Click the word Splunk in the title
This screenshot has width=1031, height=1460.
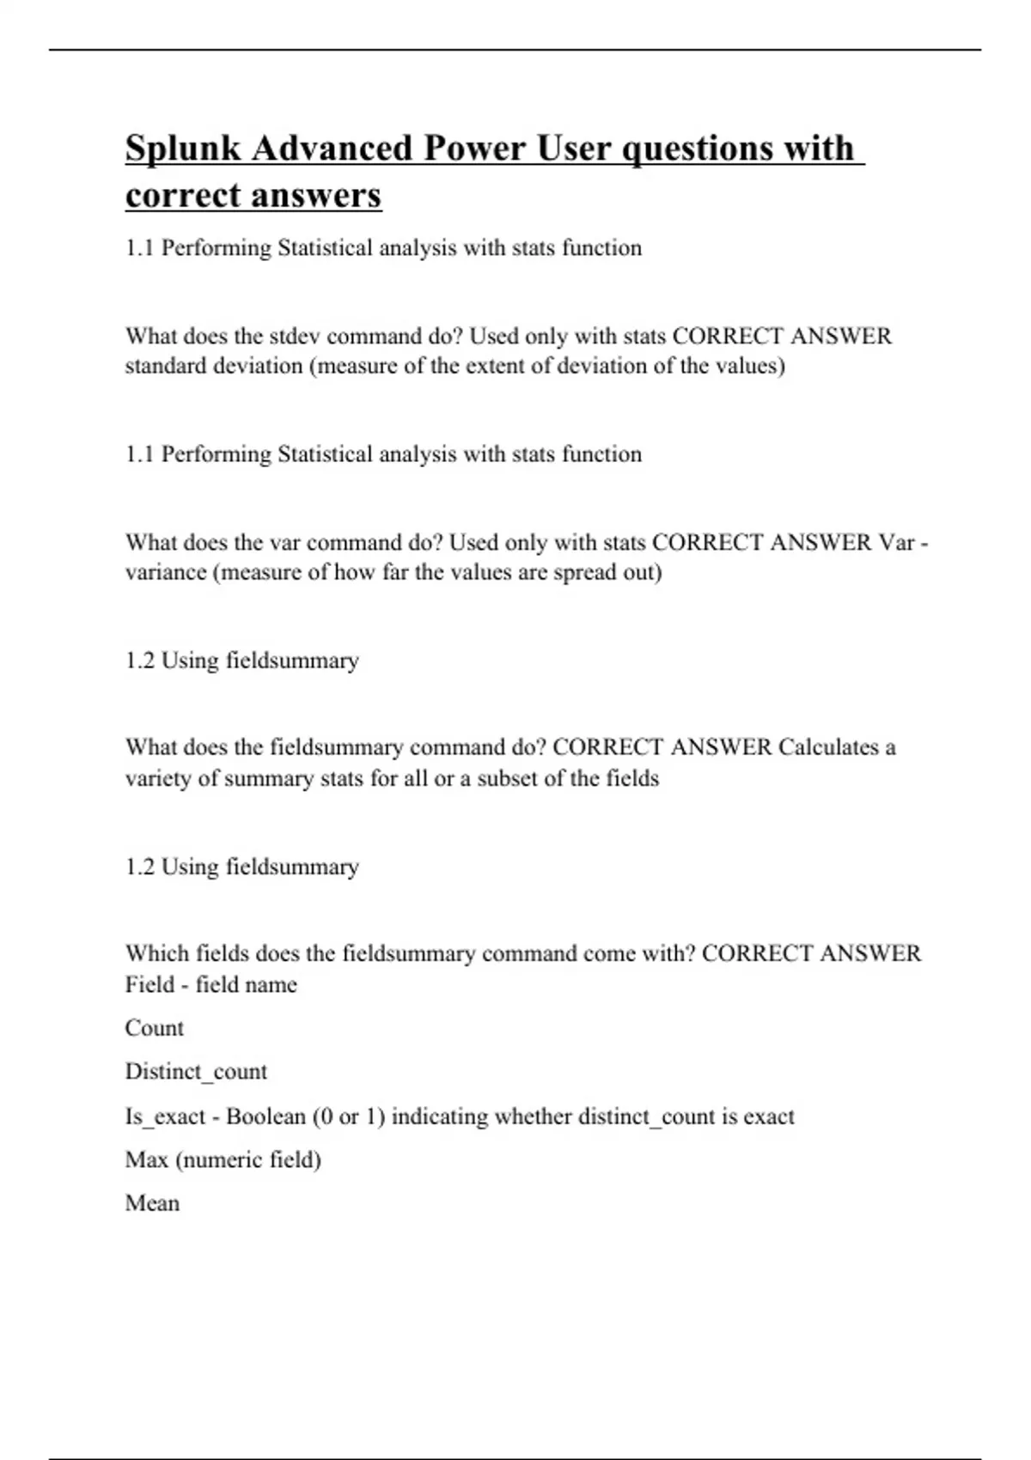pos(183,149)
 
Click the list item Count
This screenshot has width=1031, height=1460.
pos(155,1028)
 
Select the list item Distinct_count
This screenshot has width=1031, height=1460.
pos(196,1072)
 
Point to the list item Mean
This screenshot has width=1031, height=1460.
pos(152,1203)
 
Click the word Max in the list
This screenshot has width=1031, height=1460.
pos(146,1160)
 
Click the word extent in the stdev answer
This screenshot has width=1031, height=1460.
pos(496,367)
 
